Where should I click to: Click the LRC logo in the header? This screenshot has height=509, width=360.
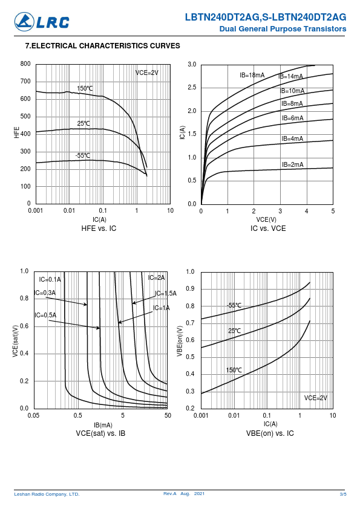(42, 22)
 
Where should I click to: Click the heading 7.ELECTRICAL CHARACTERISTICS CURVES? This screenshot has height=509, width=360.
(103, 46)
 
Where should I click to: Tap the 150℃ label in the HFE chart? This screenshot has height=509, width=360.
(85, 88)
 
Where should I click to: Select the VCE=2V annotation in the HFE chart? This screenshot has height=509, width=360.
(147, 73)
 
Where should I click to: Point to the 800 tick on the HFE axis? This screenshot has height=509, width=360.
(25, 63)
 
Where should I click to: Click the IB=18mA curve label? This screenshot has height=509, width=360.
(252, 76)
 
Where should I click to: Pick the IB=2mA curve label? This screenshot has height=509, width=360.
(292, 164)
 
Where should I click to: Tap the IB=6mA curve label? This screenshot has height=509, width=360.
(292, 118)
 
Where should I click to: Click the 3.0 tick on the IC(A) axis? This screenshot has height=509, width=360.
(192, 64)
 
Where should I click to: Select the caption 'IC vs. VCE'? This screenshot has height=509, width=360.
(268, 229)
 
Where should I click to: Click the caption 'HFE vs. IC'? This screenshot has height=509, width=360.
(99, 229)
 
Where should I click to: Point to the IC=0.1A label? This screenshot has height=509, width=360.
(50, 279)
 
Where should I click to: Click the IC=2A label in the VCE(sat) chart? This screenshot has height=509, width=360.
(156, 277)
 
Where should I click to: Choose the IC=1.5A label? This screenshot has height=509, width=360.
(166, 293)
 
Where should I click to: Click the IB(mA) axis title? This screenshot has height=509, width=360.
(103, 425)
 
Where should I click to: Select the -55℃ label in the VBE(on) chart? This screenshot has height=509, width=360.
(234, 305)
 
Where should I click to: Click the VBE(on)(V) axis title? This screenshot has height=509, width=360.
(180, 341)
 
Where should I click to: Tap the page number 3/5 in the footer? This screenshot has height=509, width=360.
(343, 494)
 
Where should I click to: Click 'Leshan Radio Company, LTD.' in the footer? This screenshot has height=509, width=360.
(47, 494)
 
